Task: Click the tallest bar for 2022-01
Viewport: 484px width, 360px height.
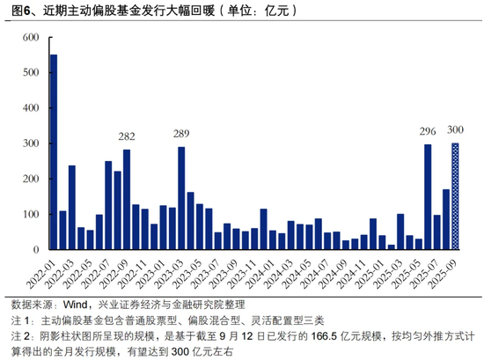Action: [x=54, y=152]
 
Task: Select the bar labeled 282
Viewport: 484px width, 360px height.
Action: [x=127, y=200]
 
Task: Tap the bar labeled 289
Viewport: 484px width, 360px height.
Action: [x=181, y=198]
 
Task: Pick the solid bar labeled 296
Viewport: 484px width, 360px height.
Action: [x=428, y=196]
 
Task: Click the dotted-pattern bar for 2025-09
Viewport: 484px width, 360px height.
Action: [x=455, y=196]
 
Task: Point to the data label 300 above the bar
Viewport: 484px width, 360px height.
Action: [x=455, y=130]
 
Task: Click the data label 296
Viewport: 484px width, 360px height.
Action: [x=428, y=131]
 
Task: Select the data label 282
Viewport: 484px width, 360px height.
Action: [x=127, y=136]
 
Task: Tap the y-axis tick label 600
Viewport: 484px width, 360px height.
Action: [x=31, y=37]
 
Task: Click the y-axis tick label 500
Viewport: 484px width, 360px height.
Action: [x=31, y=72]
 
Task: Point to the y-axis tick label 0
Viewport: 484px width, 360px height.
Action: [x=36, y=249]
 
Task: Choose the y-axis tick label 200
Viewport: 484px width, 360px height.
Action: [x=31, y=179]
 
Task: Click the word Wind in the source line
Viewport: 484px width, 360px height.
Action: [x=75, y=305]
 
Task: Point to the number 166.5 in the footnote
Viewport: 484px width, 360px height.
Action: [x=324, y=336]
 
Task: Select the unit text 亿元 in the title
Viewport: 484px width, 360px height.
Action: [x=276, y=11]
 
